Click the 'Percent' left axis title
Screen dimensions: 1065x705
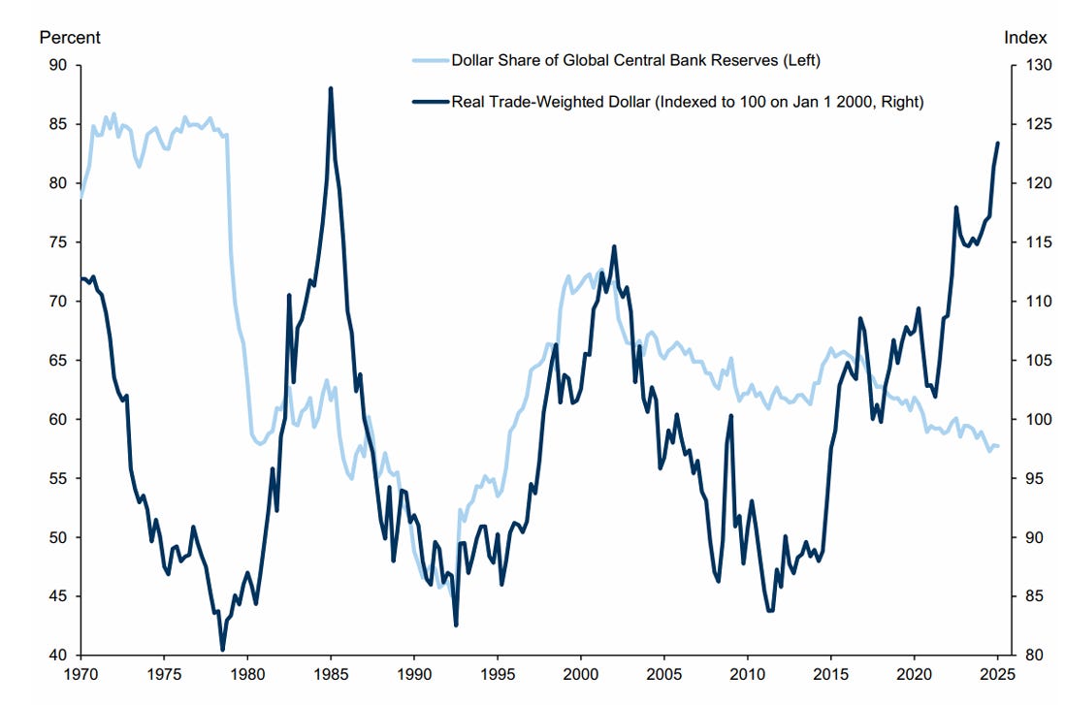point(69,38)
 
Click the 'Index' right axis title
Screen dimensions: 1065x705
point(1025,38)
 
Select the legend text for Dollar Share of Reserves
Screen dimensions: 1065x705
point(635,60)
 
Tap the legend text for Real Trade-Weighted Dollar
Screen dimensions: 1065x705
point(688,102)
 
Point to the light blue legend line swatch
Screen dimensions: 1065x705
point(431,60)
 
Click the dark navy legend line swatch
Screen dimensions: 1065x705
point(431,102)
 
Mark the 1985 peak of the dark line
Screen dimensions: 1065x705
point(331,88)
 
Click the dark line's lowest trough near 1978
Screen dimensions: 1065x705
point(222,650)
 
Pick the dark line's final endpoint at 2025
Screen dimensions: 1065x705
point(997,144)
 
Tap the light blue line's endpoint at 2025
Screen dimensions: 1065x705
point(997,446)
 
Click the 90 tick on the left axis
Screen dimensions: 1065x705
point(58,65)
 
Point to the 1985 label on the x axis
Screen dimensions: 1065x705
point(331,674)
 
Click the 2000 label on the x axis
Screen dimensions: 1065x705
point(581,674)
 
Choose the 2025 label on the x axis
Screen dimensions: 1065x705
point(998,674)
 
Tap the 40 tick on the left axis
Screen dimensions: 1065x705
point(58,656)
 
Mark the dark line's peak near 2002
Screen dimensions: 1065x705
point(614,246)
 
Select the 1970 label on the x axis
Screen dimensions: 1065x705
point(81,674)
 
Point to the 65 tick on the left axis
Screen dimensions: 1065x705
point(58,360)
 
